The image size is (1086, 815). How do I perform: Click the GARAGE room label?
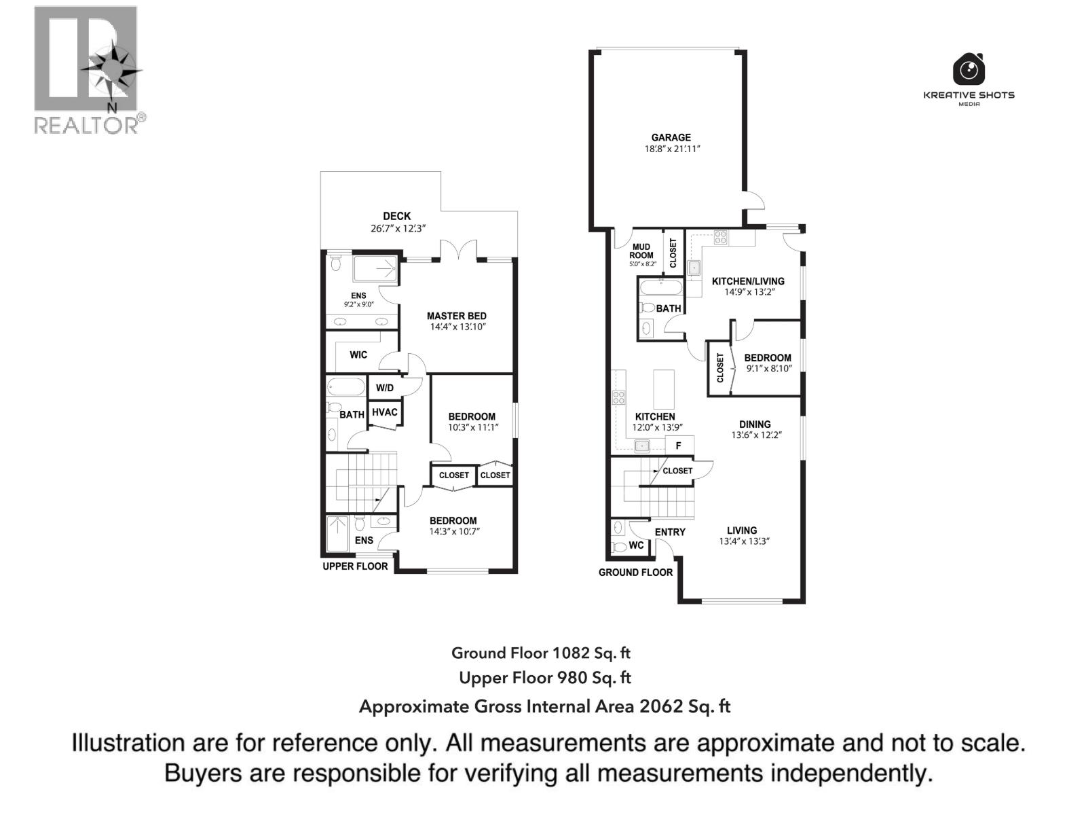(x=671, y=137)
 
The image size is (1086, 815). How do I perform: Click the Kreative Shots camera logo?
(x=969, y=69)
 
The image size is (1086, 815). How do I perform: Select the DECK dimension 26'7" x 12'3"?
(x=398, y=229)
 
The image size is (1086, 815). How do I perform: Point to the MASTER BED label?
(x=456, y=316)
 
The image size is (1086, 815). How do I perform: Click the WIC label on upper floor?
(x=358, y=355)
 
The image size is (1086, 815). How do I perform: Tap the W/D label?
(x=384, y=388)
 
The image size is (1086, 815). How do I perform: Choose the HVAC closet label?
(x=385, y=412)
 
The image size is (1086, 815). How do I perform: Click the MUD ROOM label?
(x=641, y=251)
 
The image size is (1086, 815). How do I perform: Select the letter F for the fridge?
(x=678, y=446)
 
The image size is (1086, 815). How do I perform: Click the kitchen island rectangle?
(x=664, y=388)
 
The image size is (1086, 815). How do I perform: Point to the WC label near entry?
(x=636, y=545)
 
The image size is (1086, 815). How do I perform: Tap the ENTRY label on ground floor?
(x=670, y=532)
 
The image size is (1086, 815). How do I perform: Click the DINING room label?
(x=755, y=424)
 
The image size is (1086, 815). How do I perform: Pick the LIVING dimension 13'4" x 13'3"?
(x=744, y=542)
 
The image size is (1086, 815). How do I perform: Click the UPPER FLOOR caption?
(x=355, y=566)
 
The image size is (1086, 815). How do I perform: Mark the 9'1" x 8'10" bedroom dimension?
(x=768, y=369)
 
